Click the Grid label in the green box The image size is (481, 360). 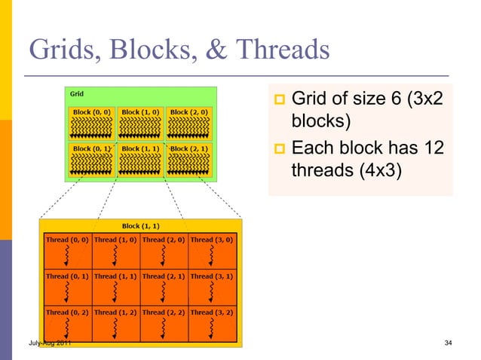click(77, 94)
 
